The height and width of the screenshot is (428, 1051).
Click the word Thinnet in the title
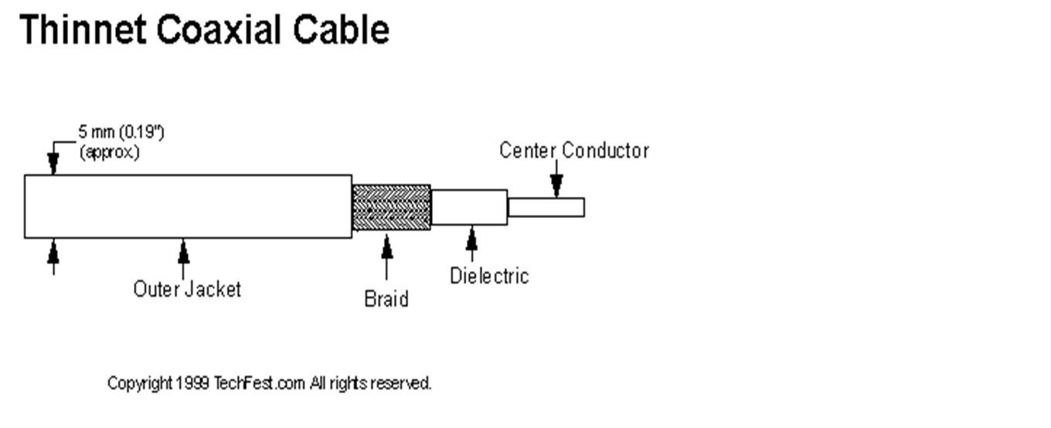(x=83, y=29)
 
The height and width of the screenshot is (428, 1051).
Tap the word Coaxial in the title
(x=219, y=29)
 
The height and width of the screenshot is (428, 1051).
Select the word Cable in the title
(x=341, y=29)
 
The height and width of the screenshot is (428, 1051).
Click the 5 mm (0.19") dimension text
(x=121, y=132)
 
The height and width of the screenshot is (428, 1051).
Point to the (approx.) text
(x=110, y=152)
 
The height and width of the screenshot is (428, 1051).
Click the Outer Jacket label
(x=187, y=289)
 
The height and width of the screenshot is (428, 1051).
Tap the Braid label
(x=386, y=299)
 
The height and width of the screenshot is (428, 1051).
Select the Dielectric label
(x=489, y=276)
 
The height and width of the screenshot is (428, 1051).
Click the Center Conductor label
(x=574, y=151)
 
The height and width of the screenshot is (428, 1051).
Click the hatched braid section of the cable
(x=391, y=207)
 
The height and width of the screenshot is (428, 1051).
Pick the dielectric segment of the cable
(x=469, y=207)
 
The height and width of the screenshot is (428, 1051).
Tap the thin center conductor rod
(x=546, y=207)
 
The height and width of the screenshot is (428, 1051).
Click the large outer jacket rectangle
(x=188, y=206)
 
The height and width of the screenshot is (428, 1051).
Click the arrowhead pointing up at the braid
(x=386, y=246)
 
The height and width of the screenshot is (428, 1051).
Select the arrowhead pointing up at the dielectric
(x=472, y=238)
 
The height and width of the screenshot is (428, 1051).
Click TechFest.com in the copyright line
(x=260, y=383)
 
